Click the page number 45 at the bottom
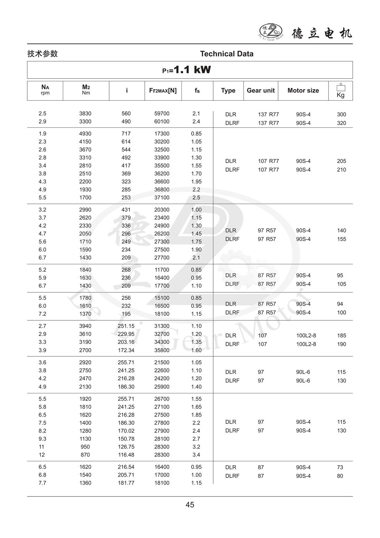coord(190,505)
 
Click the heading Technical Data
coord(227,54)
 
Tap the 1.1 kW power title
coord(187,70)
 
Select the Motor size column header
coord(303,91)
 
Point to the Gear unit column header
coord(260,91)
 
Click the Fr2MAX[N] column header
coord(163,91)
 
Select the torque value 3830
coord(85,113)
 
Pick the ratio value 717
coord(126,134)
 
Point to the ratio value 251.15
coord(126,326)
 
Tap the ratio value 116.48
coord(126,455)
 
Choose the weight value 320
coord(341,123)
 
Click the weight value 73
coord(340,467)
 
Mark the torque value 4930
coord(85,134)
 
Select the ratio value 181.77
coord(126,483)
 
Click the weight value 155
coord(341,239)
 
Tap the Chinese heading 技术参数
coord(42,54)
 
